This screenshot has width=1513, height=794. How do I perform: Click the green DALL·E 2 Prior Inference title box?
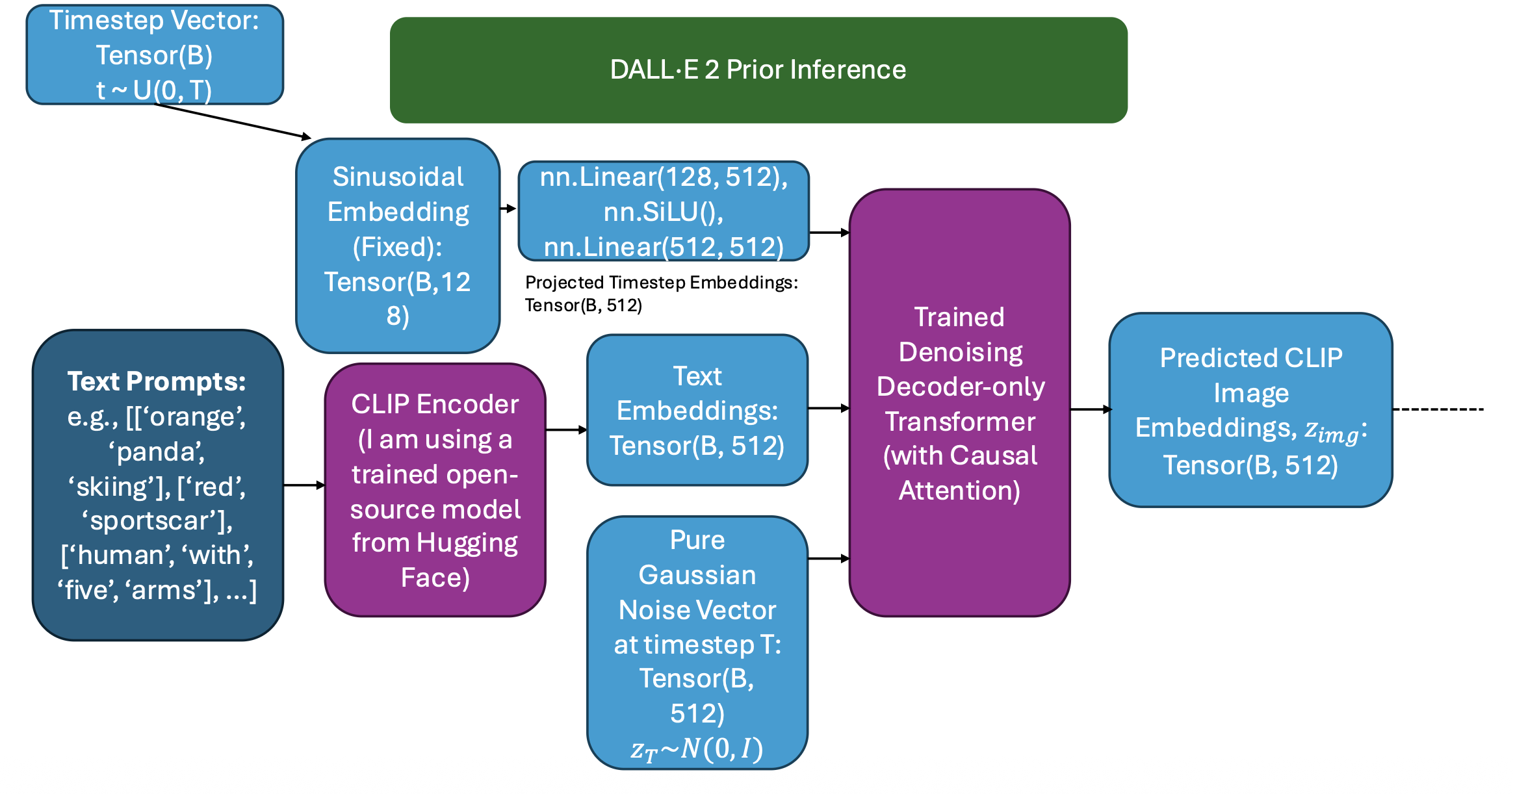tap(758, 70)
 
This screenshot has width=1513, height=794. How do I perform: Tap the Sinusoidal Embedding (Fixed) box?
tap(398, 246)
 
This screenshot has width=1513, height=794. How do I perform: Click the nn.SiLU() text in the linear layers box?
tap(664, 212)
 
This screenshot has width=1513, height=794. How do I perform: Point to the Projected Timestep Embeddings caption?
tap(661, 293)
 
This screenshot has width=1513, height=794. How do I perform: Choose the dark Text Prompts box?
tap(157, 485)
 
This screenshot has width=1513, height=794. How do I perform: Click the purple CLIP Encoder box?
tap(435, 490)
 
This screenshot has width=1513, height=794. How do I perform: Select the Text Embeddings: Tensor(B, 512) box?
tap(697, 410)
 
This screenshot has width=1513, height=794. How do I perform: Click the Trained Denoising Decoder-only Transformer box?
tap(959, 403)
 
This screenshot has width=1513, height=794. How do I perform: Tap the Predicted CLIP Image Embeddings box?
tap(1250, 410)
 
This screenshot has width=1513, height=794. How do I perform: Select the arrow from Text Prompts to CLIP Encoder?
tap(304, 485)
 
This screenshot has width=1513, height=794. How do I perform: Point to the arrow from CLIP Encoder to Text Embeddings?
tap(566, 429)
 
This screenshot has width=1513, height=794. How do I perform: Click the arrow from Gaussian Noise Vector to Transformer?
tap(829, 558)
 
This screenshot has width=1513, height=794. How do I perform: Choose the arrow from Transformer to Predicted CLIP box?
tap(1090, 409)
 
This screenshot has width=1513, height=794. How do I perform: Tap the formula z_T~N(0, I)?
tap(697, 749)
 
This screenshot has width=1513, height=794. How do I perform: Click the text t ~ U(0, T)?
tap(154, 90)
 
